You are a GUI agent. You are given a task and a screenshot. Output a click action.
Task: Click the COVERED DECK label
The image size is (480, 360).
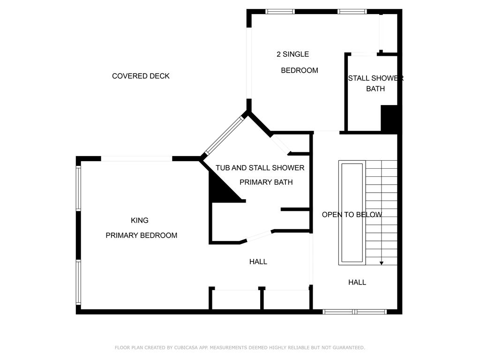(141, 76)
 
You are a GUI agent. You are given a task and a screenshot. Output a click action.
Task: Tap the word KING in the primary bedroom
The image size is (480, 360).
(140, 220)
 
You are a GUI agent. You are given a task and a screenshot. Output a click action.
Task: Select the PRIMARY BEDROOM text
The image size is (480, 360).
(142, 235)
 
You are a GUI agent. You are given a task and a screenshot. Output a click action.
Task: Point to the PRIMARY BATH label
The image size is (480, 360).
(266, 182)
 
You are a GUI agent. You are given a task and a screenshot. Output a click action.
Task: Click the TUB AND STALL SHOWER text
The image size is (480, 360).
(260, 168)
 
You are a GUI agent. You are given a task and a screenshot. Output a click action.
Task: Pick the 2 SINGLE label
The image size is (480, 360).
(292, 54)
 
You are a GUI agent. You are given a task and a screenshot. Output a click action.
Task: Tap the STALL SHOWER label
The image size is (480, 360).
(376, 78)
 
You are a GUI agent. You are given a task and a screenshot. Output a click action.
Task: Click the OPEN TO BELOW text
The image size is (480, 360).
(352, 215)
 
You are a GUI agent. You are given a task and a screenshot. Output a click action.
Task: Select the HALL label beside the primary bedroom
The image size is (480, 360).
(258, 262)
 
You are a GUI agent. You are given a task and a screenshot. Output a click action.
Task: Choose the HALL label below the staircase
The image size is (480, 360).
(357, 282)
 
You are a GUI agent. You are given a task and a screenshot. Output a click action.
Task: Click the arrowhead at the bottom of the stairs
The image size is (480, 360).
(382, 263)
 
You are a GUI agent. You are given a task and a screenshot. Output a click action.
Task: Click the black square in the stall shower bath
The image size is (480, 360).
(389, 119)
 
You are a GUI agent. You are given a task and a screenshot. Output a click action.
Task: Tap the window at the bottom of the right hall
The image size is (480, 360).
(354, 312)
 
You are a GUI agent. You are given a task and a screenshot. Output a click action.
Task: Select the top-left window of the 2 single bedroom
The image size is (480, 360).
(280, 12)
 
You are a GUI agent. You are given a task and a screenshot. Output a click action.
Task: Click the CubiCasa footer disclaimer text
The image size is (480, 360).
(240, 347)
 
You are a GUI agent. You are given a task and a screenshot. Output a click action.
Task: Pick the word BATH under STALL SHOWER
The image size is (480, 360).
(375, 89)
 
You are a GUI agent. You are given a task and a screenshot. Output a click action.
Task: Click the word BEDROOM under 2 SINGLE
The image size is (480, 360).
(300, 70)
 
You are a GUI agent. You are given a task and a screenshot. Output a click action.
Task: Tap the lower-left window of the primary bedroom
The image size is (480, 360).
(78, 282)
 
